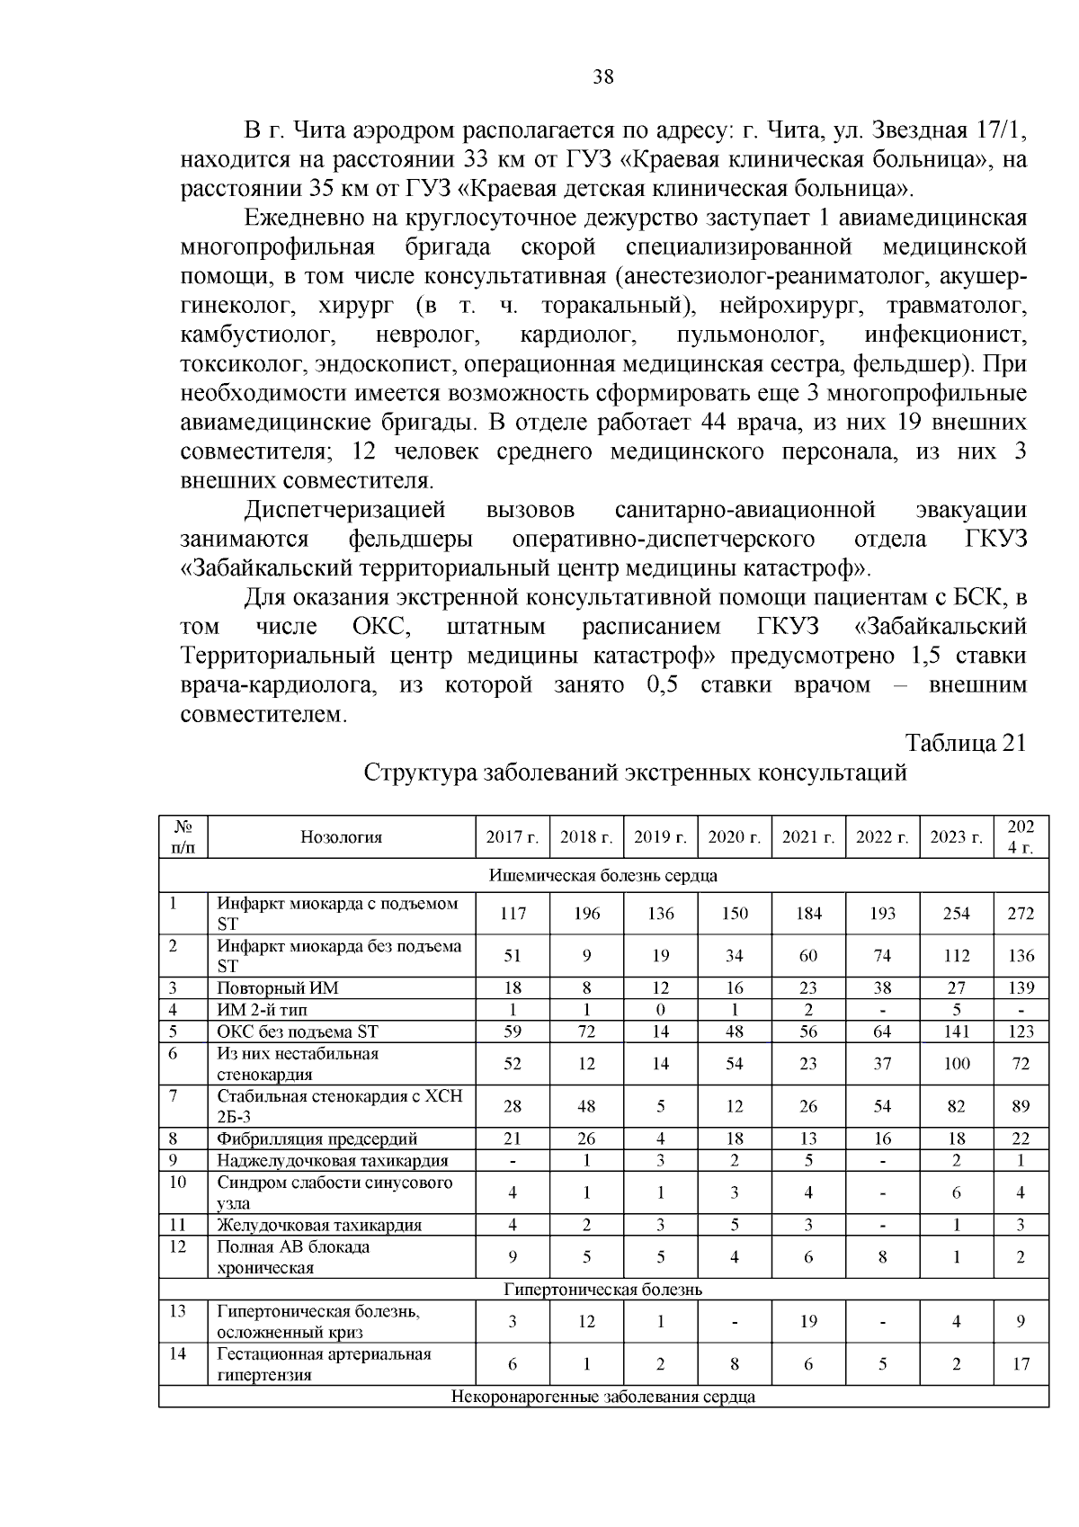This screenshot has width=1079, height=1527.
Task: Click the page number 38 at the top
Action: [x=603, y=77]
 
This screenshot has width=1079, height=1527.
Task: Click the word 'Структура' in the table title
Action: [x=419, y=772]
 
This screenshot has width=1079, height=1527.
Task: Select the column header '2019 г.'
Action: [x=661, y=837]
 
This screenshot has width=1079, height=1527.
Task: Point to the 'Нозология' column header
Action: [x=342, y=837]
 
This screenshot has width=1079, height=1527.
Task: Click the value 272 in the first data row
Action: [x=1021, y=914]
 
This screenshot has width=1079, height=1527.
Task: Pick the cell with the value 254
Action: [x=956, y=914]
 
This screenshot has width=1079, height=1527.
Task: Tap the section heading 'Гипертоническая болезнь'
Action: [x=603, y=1290]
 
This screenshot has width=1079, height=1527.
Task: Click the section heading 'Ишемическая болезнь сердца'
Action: [x=603, y=875]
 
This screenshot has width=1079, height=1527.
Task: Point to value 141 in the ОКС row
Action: [x=956, y=1031]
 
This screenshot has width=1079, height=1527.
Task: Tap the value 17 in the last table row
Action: [x=1021, y=1364]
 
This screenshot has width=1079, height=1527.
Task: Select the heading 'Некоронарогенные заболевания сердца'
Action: [x=603, y=1397]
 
